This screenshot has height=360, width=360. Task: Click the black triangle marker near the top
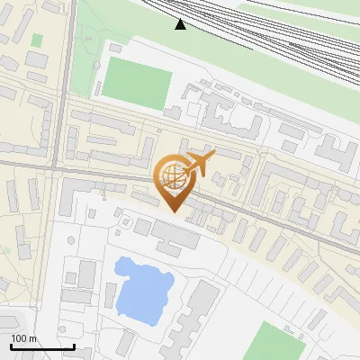[181, 24]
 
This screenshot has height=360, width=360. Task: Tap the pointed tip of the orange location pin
[175, 211]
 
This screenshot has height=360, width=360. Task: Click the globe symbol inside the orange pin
[172, 174]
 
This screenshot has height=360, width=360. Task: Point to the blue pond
[142, 289]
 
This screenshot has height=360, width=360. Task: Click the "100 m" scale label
[24, 338]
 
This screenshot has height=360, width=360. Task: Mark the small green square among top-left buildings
[37, 40]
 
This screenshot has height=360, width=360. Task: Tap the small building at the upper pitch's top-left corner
[113, 47]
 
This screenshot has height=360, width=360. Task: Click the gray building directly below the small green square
[37, 59]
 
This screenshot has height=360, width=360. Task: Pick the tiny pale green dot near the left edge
[5, 250]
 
